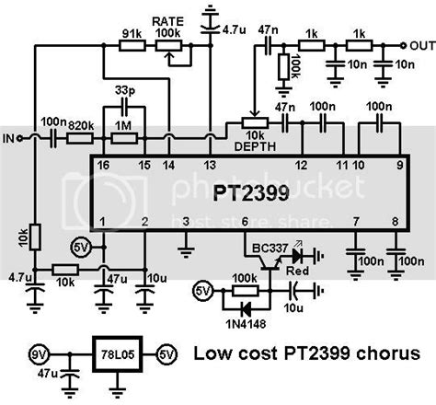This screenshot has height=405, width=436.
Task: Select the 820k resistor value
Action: [x=83, y=121]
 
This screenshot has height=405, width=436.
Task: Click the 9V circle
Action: [x=37, y=353]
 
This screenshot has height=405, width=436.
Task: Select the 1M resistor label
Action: [x=123, y=121]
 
